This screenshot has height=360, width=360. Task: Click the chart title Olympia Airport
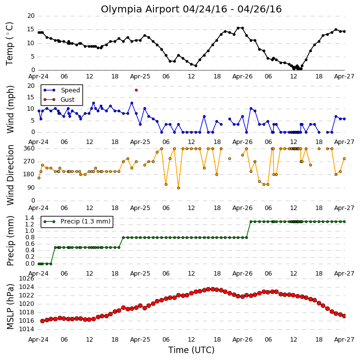click(141, 9)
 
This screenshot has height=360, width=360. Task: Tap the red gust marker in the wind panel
click(136, 90)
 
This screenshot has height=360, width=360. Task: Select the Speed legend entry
click(62, 90)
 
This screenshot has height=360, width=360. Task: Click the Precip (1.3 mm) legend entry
click(77, 221)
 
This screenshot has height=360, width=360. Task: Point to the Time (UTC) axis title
click(191, 350)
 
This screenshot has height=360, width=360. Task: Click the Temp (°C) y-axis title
click(9, 44)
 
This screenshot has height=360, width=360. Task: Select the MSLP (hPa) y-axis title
click(10, 306)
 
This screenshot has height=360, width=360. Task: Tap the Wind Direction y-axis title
click(10, 175)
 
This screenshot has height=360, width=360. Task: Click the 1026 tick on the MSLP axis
click(27, 279)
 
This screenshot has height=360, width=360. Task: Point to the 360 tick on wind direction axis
click(29, 148)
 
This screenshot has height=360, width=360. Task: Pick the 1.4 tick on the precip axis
click(30, 217)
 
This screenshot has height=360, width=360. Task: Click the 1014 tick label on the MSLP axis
click(27, 329)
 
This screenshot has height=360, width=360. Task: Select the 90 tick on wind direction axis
click(31, 188)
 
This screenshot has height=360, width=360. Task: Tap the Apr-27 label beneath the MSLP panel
click(344, 339)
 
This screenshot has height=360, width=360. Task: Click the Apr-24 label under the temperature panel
click(38, 76)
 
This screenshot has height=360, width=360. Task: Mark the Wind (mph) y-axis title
click(10, 109)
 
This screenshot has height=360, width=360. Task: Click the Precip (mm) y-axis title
click(10, 241)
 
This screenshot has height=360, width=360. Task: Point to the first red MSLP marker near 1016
click(43, 321)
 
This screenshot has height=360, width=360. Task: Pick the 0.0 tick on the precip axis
click(30, 264)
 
